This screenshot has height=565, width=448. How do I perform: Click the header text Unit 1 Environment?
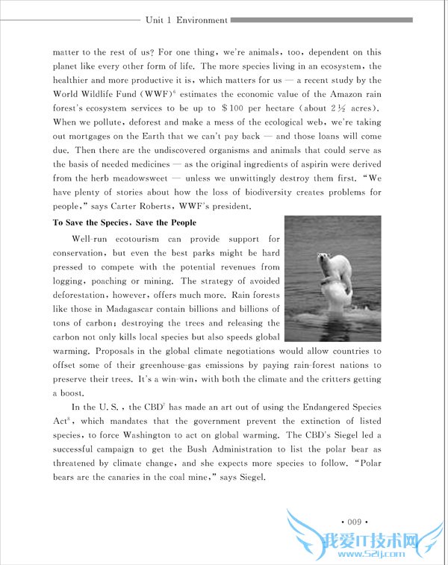(187, 20)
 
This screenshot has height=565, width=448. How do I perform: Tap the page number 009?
(349, 520)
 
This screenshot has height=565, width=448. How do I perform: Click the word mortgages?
(93, 137)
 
